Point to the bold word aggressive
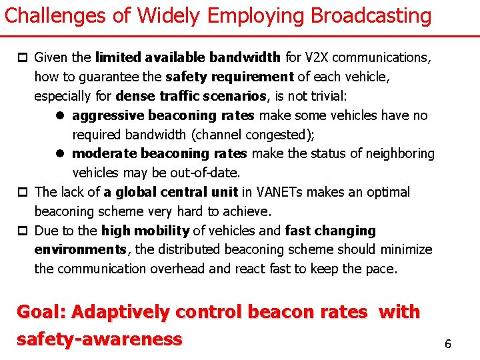click(x=108, y=116)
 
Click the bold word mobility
click(x=164, y=231)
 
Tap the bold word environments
click(x=80, y=250)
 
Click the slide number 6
click(x=448, y=344)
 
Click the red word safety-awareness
click(x=99, y=339)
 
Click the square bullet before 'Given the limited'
click(x=25, y=58)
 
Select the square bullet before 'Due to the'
click(x=25, y=231)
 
